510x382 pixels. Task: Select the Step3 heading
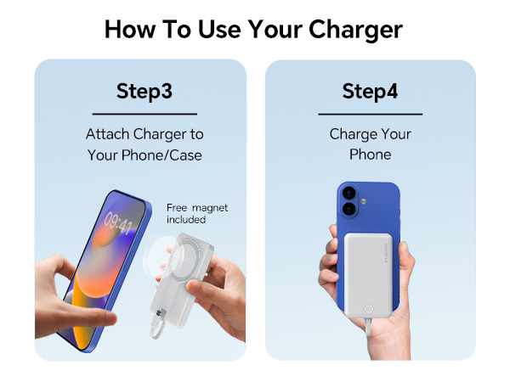tap(144, 91)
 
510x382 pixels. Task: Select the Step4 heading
tap(370, 91)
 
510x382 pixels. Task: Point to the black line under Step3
tap(144, 114)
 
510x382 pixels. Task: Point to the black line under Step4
tap(370, 114)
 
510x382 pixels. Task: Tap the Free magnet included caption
tap(196, 213)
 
